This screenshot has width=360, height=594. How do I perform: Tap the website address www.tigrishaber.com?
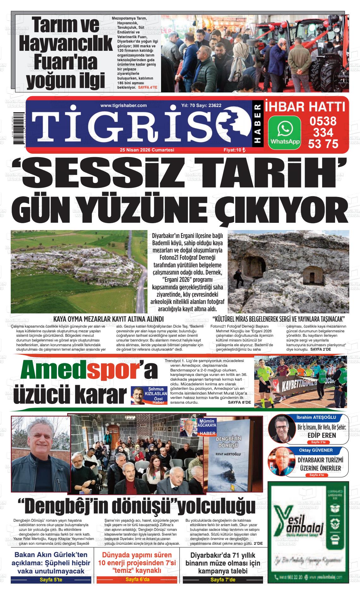[123, 106]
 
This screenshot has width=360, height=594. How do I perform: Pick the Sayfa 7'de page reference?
[223, 580]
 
